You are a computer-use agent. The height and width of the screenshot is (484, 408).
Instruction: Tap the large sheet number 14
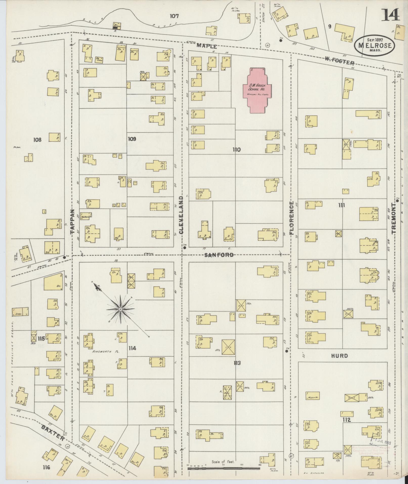tap(390, 15)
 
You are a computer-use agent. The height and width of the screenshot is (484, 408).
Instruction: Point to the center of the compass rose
tap(121, 309)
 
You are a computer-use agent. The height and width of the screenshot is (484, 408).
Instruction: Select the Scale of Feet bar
tap(224, 469)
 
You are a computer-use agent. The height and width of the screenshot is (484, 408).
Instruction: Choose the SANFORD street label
tap(219, 255)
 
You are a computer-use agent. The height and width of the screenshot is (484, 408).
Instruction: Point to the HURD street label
tap(339, 356)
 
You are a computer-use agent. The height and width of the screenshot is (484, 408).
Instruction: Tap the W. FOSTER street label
tap(339, 61)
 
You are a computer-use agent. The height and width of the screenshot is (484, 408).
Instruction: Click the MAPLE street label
tap(207, 46)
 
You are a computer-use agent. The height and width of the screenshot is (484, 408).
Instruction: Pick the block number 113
tap(237, 363)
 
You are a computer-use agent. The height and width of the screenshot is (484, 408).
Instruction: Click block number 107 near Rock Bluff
tap(174, 16)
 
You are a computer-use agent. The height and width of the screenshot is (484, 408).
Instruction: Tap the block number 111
tap(341, 205)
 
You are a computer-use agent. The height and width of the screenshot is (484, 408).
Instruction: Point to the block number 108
tap(37, 140)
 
